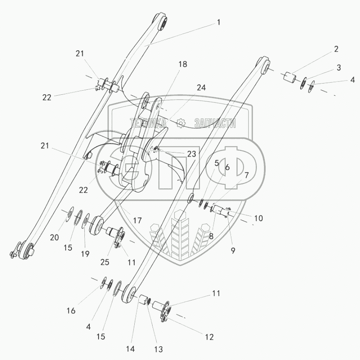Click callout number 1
click(x=219, y=22)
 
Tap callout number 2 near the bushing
click(x=336, y=49)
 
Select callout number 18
click(x=183, y=64)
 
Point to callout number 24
click(x=201, y=88)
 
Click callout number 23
click(x=192, y=154)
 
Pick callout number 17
click(x=137, y=221)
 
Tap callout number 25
click(x=105, y=262)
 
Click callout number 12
click(x=209, y=337)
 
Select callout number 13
click(x=158, y=350)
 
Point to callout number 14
click(x=130, y=349)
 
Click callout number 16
click(x=71, y=311)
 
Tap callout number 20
click(x=54, y=237)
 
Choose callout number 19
click(x=85, y=254)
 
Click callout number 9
click(x=233, y=251)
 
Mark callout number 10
click(x=259, y=218)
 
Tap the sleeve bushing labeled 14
click(x=143, y=300)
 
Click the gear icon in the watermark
click(x=181, y=123)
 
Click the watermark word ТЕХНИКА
click(x=148, y=123)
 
